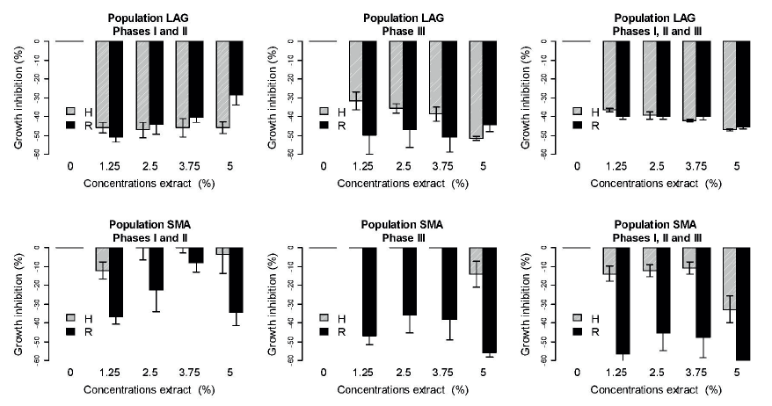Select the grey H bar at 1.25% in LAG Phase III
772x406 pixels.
click(x=356, y=70)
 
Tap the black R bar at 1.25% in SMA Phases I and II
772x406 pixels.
click(x=115, y=281)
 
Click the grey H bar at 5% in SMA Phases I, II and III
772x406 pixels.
click(x=729, y=278)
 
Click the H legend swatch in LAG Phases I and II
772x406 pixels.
click(x=71, y=112)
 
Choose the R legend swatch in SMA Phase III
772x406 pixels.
click(x=325, y=330)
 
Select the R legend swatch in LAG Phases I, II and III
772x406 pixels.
click(x=579, y=125)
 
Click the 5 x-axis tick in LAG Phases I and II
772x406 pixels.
click(x=229, y=166)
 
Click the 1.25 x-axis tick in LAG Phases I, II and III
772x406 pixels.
click(x=616, y=166)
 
